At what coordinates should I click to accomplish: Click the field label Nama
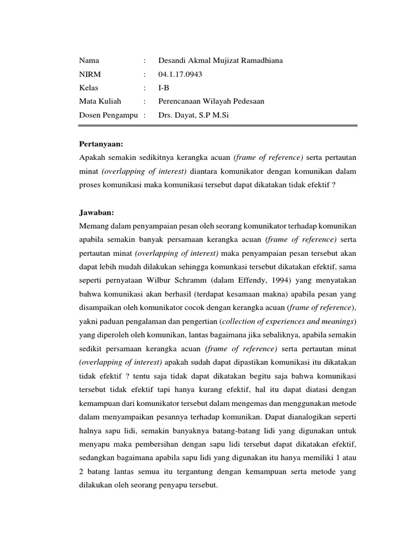[89, 61]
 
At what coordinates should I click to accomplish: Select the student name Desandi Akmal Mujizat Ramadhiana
[220, 61]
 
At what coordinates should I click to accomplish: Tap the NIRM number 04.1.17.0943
[180, 74]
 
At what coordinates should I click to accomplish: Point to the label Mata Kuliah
[100, 101]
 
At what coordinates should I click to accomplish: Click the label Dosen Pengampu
[109, 114]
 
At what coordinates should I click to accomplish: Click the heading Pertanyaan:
[101, 144]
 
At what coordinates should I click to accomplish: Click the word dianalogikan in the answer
[310, 417]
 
